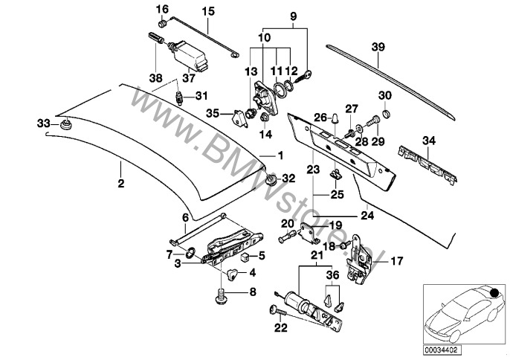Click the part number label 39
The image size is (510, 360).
378,47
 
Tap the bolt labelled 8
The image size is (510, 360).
222,298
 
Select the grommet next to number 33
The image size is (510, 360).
66,125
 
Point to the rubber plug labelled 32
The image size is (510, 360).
271,179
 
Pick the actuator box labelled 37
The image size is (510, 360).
188,55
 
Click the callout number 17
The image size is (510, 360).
396,261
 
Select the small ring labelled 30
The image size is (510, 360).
386,114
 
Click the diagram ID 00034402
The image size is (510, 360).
442,350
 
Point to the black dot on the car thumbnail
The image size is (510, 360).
494,292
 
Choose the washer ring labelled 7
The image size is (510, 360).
190,252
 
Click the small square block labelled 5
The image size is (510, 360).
245,257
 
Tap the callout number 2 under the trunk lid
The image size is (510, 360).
121,183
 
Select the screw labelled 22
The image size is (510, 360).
277,311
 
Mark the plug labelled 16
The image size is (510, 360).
162,24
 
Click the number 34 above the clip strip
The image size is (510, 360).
429,141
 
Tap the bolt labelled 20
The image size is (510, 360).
287,236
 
